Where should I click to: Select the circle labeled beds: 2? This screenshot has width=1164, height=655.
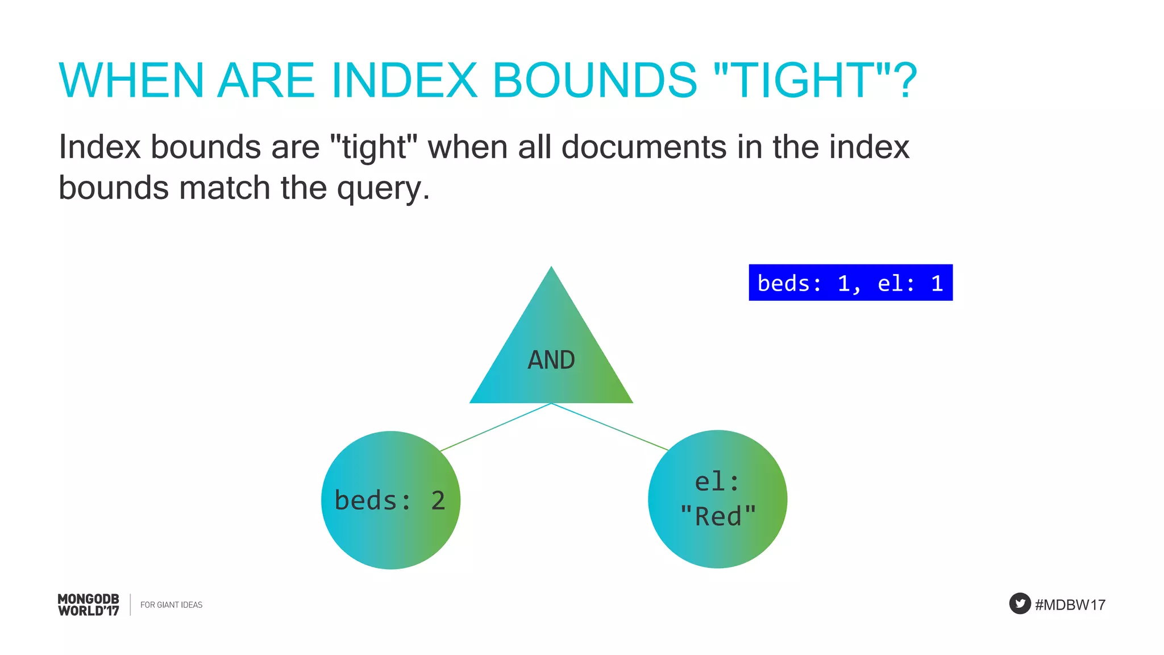[x=390, y=500]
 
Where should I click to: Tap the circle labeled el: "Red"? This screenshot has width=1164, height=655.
[x=717, y=499]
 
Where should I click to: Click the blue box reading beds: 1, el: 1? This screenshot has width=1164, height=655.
[x=850, y=283]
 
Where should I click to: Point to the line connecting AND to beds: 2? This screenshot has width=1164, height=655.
[x=496, y=427]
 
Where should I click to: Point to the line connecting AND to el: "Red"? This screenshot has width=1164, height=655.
[x=609, y=427]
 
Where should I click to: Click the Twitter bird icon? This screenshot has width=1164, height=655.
[x=1020, y=603]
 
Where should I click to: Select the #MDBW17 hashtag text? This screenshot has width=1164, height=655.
[x=1070, y=604]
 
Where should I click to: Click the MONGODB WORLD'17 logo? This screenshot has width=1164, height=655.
[x=89, y=604]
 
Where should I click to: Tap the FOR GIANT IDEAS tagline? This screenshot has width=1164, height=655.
[x=171, y=605]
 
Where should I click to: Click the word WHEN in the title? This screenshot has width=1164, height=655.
[x=131, y=80]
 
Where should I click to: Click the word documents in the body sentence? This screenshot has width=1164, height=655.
[x=644, y=147]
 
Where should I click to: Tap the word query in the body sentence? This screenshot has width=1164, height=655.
[x=379, y=189]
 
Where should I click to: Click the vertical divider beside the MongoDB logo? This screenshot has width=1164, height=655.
[x=130, y=604]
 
